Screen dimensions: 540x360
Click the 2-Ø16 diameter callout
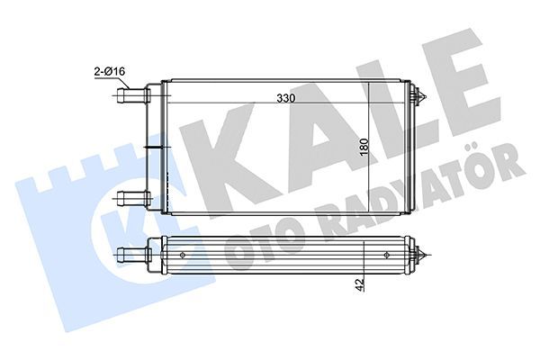coord(110,72)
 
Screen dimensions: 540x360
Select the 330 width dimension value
coord(286,98)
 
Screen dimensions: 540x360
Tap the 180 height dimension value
coord(364,147)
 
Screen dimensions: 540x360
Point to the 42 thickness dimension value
coord(360,285)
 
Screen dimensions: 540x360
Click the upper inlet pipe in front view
coord(133,95)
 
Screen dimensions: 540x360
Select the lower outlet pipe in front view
coord(133,198)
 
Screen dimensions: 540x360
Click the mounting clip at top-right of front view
coord(418,95)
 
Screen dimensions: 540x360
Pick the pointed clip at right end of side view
coord(418,255)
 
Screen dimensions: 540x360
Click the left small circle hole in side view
coord(182,255)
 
